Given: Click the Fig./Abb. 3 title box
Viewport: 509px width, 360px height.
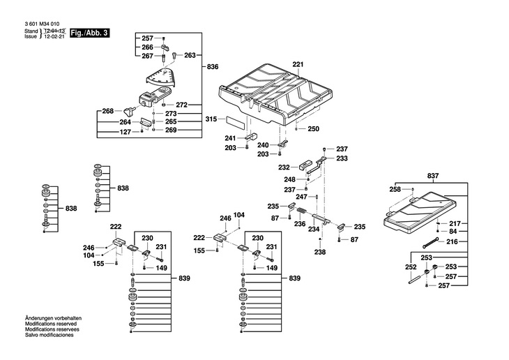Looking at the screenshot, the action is (x=89, y=33).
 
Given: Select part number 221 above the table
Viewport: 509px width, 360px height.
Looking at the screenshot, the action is (x=298, y=64).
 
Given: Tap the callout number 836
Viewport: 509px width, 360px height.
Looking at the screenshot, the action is (x=213, y=66).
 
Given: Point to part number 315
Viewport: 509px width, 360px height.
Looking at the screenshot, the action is (x=211, y=119).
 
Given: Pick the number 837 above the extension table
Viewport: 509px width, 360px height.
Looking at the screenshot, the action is (x=433, y=176).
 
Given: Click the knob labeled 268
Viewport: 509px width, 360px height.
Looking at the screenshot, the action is (x=130, y=112).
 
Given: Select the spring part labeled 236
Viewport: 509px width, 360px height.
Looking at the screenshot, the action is (x=303, y=211).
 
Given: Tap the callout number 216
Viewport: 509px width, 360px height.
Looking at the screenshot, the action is (x=452, y=241).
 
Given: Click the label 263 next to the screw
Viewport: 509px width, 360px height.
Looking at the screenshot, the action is (x=190, y=55).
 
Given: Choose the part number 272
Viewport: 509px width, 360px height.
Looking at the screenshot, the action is (x=181, y=105).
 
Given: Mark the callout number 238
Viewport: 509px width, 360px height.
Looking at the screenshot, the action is (x=320, y=252).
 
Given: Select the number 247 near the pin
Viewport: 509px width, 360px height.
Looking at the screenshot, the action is (x=301, y=197).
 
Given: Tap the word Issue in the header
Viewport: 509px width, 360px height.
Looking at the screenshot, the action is (x=31, y=36).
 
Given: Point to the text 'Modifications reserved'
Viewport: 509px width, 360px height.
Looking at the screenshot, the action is (x=51, y=324).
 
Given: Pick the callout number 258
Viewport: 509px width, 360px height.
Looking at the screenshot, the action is (x=395, y=189).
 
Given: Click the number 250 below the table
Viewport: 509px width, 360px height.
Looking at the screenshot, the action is (x=313, y=128).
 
